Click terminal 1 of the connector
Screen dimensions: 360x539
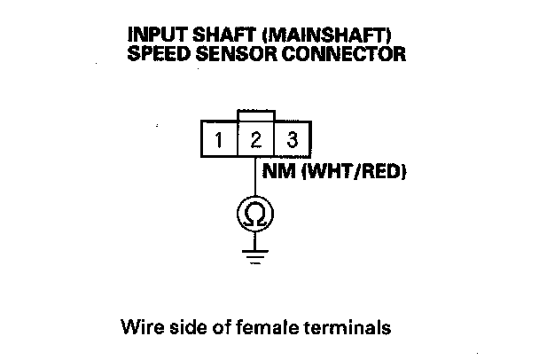pyautogui.click(x=217, y=140)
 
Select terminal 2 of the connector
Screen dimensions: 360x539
pyautogui.click(x=255, y=140)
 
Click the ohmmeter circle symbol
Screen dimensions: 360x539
pyautogui.click(x=255, y=213)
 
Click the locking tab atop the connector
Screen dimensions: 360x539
pyautogui.click(x=255, y=116)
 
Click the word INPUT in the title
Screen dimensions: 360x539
pyautogui.click(x=152, y=35)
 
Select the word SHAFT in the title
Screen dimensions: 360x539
pyautogui.click(x=207, y=35)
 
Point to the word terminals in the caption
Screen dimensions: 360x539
pyautogui.click(x=346, y=327)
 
